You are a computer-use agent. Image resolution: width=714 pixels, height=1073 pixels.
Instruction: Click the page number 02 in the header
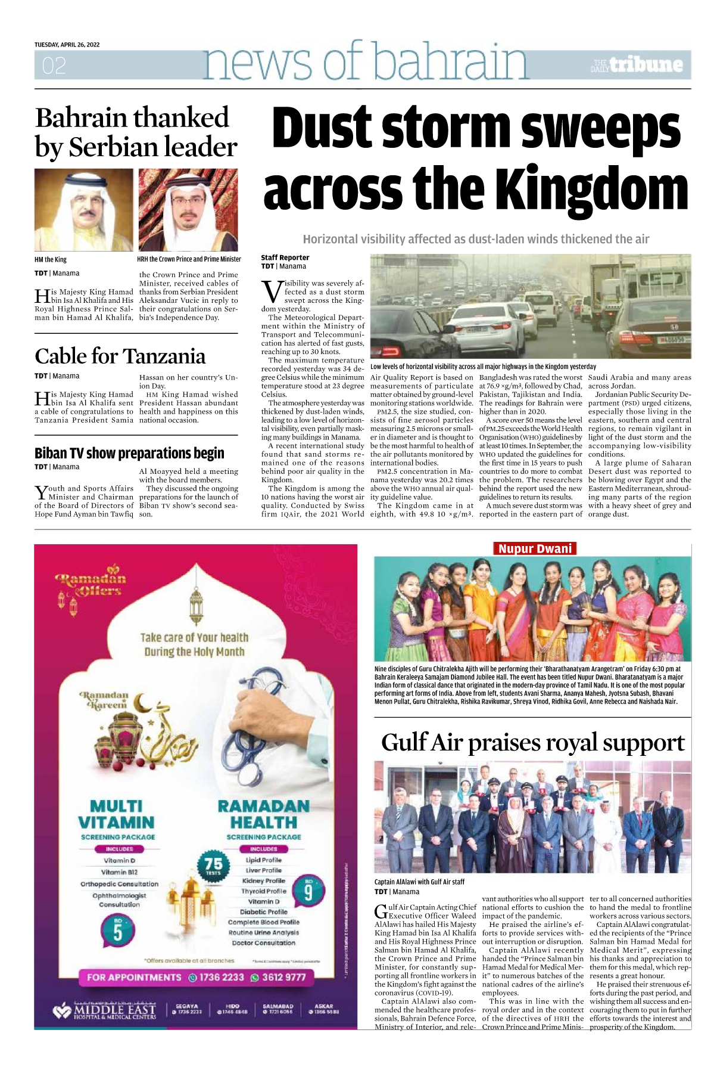[54, 66]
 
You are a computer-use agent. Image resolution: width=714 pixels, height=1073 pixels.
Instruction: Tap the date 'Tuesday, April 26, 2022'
[67, 45]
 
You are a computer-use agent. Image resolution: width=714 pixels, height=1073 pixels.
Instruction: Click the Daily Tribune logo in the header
[637, 65]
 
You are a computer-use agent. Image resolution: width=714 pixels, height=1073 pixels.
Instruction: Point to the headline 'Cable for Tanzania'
[120, 356]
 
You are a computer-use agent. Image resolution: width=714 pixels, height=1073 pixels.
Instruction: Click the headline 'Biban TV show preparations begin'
[129, 453]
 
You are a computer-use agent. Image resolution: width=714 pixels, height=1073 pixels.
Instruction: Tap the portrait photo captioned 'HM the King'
[83, 210]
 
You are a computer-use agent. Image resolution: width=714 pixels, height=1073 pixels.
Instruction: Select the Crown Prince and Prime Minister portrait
[188, 210]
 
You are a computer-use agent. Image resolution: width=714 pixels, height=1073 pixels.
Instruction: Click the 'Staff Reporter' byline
[285, 258]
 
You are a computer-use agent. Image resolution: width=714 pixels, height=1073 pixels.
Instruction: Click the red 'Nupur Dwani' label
[535, 548]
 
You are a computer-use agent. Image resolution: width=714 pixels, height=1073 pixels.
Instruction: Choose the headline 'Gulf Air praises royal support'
[532, 743]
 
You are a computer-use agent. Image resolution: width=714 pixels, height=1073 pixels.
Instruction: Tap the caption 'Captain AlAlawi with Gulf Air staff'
[419, 882]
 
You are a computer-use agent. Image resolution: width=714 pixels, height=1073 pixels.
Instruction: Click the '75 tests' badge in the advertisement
[213, 866]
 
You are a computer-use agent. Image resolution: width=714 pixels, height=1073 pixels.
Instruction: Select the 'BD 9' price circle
[308, 891]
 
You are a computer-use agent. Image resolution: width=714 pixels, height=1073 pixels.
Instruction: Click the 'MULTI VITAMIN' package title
[116, 814]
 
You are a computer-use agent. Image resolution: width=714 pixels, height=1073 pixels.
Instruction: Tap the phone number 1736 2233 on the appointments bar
[217, 977]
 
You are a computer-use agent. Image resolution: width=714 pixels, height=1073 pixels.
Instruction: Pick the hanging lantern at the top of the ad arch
[196, 603]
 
